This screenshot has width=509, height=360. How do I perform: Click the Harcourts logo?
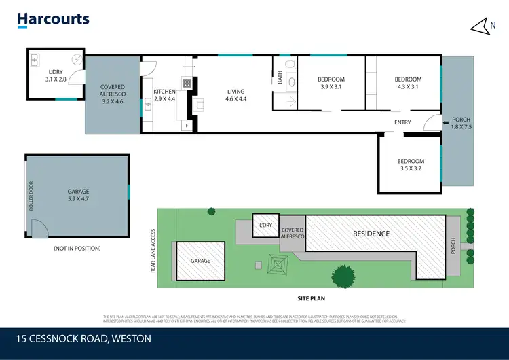click(x=53, y=19)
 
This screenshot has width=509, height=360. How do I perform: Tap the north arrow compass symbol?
click(x=481, y=26)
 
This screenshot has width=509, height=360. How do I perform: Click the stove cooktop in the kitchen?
click(x=186, y=84)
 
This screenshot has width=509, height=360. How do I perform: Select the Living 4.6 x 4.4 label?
click(x=235, y=96)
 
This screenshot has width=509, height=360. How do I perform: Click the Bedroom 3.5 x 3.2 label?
click(x=411, y=165)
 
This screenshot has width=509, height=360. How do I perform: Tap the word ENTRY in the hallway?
click(x=402, y=122)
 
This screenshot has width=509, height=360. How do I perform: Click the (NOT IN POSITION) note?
click(x=77, y=249)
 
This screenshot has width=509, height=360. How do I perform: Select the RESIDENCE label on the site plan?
click(x=371, y=234)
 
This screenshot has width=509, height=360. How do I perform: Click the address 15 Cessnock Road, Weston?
click(x=85, y=338)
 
